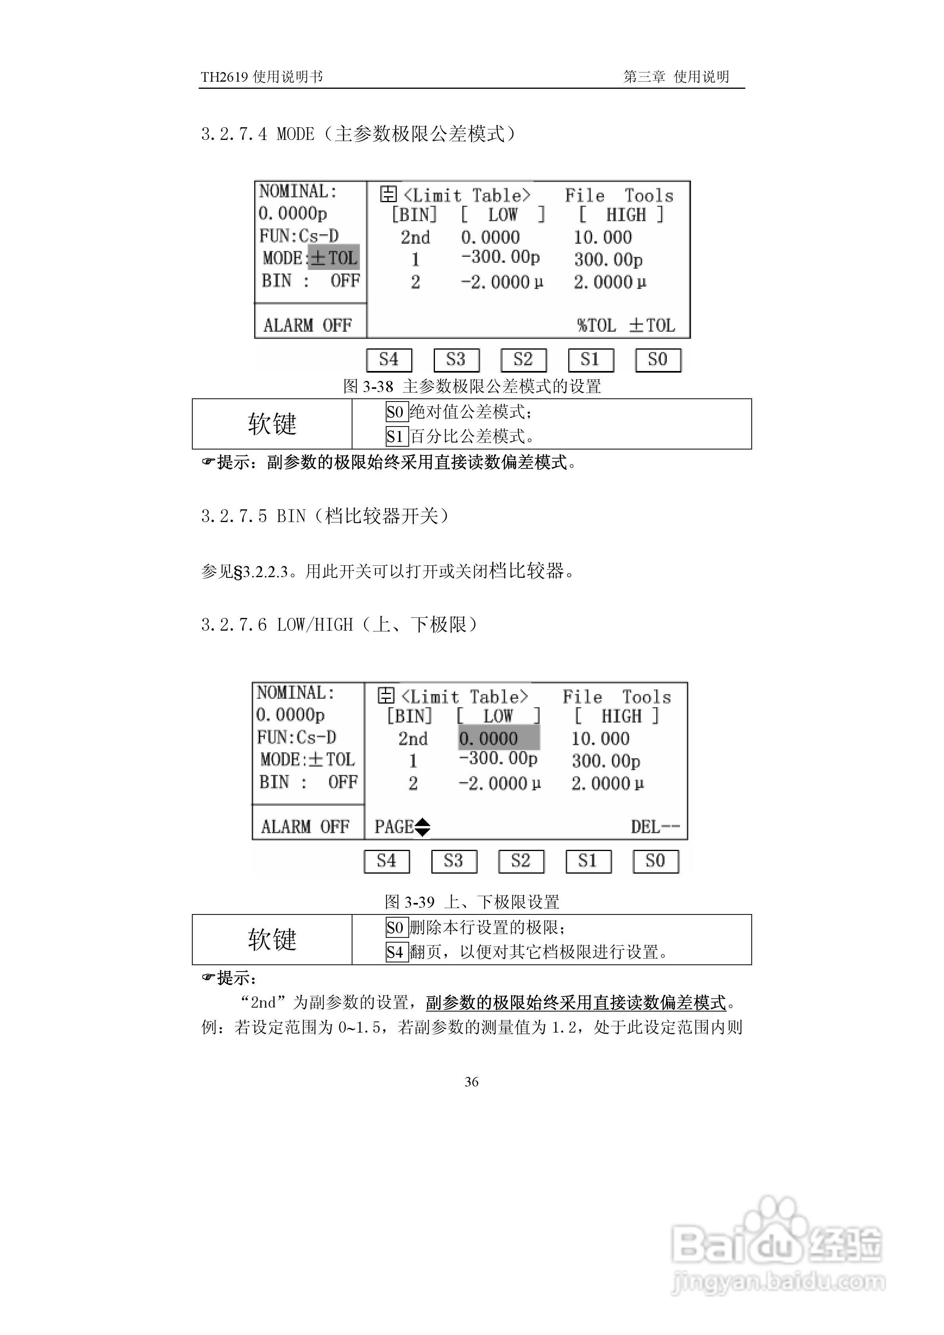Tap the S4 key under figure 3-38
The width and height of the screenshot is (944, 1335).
tap(389, 360)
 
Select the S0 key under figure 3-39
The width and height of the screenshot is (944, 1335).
tap(655, 861)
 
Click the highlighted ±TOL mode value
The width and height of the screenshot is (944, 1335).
tap(334, 258)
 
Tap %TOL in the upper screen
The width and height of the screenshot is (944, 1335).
tap(597, 325)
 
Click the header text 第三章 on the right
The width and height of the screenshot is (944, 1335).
tap(644, 77)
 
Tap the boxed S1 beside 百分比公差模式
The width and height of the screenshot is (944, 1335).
tap(396, 436)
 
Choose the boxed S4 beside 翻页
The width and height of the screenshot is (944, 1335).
tap(396, 952)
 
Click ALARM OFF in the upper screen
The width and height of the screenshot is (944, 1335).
tap(307, 325)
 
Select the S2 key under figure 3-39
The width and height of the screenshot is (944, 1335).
tap(521, 861)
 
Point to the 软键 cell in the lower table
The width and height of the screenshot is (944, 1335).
tap(272, 939)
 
